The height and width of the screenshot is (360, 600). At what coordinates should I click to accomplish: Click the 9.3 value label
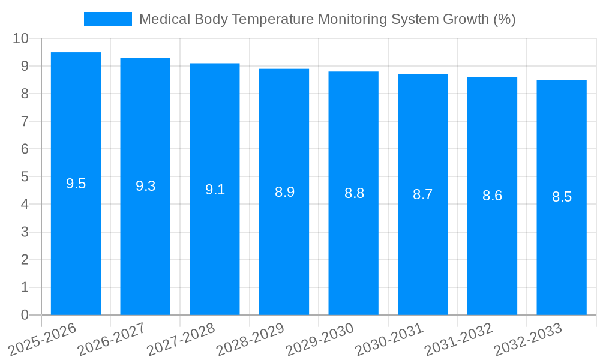coord(145,186)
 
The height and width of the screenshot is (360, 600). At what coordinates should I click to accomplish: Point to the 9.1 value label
coord(215,190)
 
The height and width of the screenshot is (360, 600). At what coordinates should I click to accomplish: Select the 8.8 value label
coord(354,193)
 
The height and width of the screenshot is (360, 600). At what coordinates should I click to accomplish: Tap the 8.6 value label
coord(492,196)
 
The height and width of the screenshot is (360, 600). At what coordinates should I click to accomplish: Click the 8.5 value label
coord(562,197)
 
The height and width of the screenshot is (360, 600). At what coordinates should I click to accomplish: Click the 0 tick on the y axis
coord(25,315)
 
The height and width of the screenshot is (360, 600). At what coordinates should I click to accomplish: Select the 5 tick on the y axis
coord(25,177)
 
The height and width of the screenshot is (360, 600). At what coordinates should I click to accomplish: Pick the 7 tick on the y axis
coord(25,121)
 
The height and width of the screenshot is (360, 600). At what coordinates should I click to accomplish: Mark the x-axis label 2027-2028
coord(181,340)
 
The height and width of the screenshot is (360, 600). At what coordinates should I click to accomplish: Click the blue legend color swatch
coord(107,19)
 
